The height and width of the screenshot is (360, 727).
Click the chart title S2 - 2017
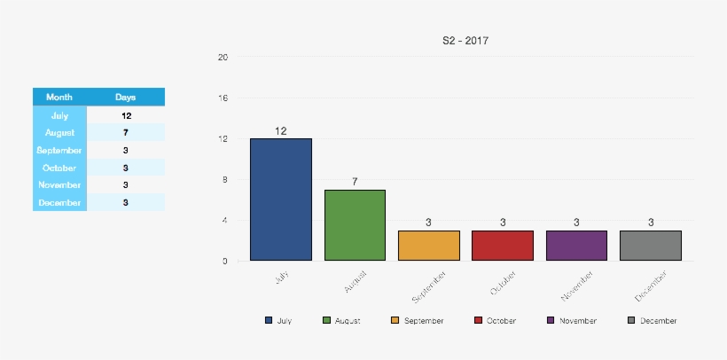[x=465, y=41]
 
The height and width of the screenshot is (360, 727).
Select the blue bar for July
[x=280, y=200]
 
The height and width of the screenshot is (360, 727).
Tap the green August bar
[x=355, y=225]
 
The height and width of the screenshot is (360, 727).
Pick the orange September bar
[x=428, y=246]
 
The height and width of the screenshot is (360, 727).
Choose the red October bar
[x=503, y=246]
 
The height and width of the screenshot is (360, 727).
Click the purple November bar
[x=576, y=246]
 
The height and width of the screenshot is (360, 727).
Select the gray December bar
[x=650, y=246]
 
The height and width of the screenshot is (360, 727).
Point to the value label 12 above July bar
[x=280, y=131]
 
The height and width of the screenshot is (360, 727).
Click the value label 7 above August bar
[x=355, y=182]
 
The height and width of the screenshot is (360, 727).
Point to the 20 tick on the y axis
[x=223, y=58]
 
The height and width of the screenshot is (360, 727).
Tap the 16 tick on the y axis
[x=223, y=98]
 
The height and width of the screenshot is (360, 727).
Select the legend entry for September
[x=417, y=321]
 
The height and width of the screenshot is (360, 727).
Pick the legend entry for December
[x=653, y=321]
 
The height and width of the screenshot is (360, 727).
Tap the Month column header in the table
[x=59, y=97]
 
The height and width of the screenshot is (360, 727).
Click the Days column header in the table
[x=125, y=97]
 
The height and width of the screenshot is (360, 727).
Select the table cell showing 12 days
[x=125, y=115]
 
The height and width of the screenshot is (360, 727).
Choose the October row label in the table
[x=59, y=168]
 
